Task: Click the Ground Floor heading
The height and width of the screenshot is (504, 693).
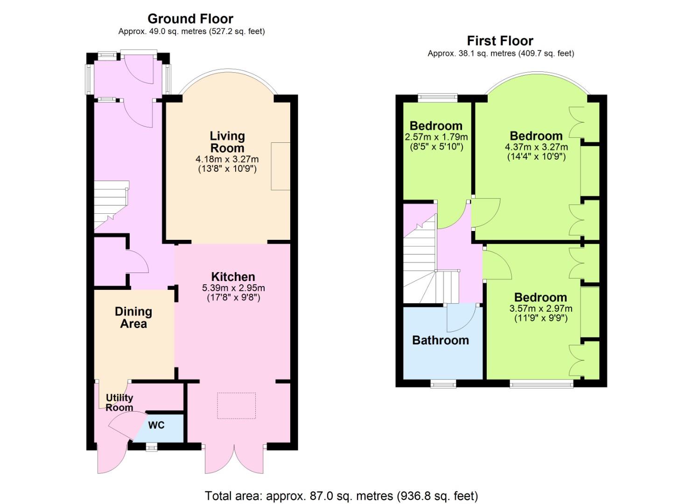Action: [x=190, y=19]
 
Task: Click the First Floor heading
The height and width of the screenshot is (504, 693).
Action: [x=500, y=41]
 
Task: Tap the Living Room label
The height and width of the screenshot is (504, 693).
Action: [x=227, y=142]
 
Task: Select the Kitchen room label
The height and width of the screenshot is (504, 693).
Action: [x=233, y=276]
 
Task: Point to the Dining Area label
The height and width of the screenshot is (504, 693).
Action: [x=133, y=317]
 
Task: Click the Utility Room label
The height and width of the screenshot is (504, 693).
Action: [x=119, y=403]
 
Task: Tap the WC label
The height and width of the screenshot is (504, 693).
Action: [x=156, y=426]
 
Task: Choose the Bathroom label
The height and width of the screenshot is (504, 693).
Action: [x=441, y=340]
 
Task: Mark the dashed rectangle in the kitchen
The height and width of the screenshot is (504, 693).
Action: [x=236, y=406]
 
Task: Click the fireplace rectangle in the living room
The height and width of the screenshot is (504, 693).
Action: [x=280, y=166]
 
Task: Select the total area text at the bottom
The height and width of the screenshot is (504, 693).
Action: [x=342, y=496]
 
